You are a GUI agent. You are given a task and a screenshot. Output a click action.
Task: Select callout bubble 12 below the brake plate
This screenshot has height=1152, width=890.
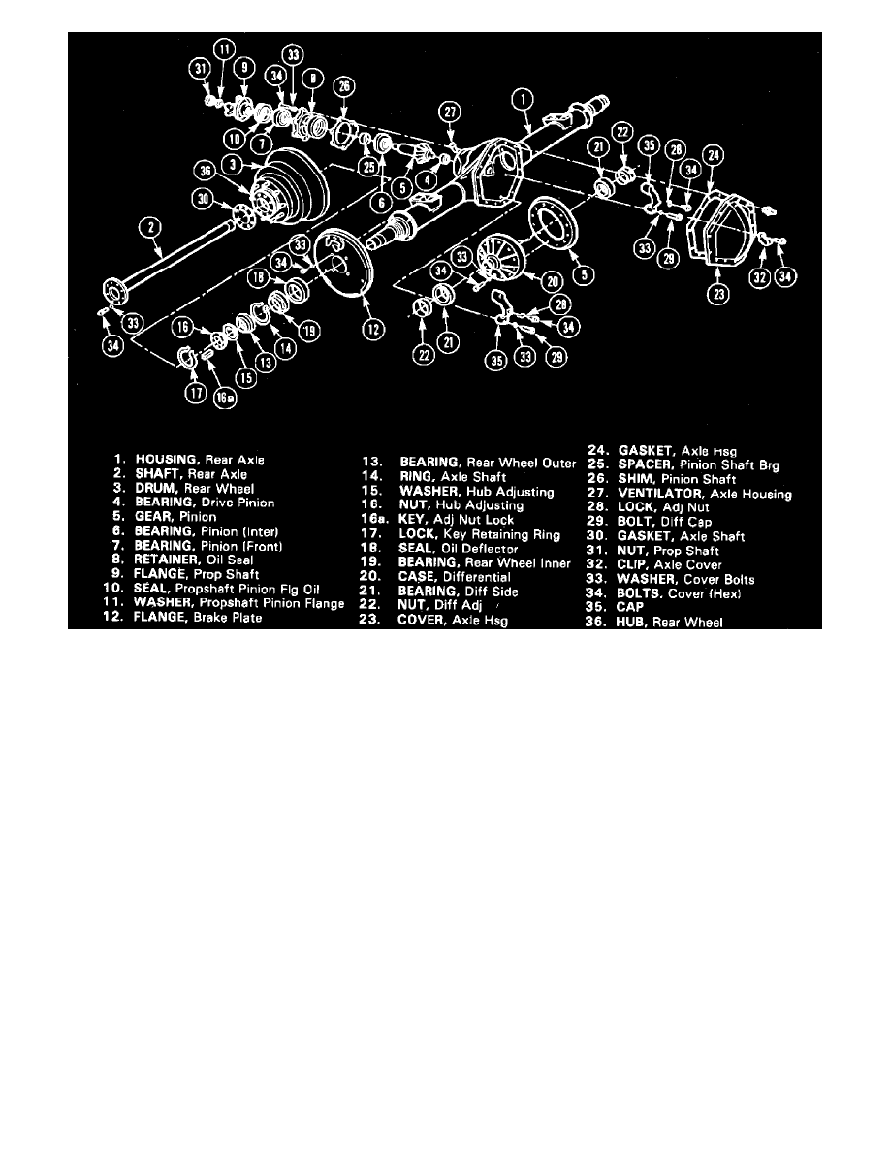click(x=371, y=330)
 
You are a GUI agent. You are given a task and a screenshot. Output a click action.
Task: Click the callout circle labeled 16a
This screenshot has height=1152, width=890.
click(x=224, y=396)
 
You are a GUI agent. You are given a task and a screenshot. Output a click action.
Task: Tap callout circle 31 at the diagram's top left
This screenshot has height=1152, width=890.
click(x=201, y=69)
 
